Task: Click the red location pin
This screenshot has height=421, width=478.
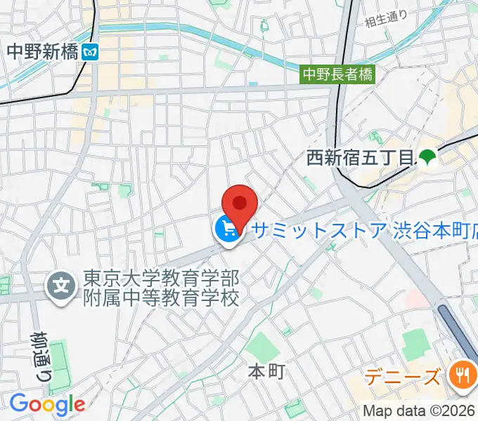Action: pos(240,203)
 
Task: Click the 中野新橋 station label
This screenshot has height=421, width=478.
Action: pos(42,51)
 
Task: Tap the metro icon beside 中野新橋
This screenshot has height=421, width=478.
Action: pos(90,51)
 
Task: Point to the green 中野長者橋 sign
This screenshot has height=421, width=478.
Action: pos(337,73)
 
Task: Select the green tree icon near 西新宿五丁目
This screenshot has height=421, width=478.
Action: pos(427,158)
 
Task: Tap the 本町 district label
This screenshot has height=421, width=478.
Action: pos(267,372)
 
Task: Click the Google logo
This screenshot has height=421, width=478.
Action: pos(46,403)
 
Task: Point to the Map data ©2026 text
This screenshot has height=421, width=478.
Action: pos(420,411)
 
